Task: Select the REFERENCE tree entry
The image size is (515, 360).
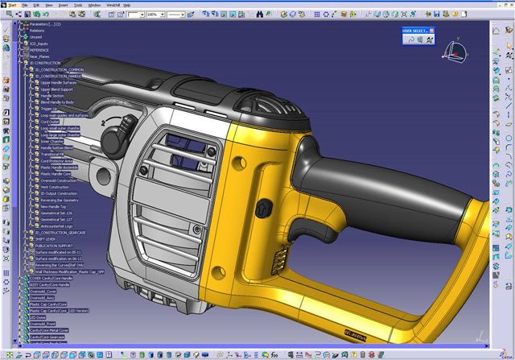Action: [40, 49]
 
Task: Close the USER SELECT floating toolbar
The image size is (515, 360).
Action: [431, 31]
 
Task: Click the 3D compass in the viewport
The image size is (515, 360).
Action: [455, 54]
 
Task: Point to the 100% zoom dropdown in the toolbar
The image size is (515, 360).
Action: [153, 14]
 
